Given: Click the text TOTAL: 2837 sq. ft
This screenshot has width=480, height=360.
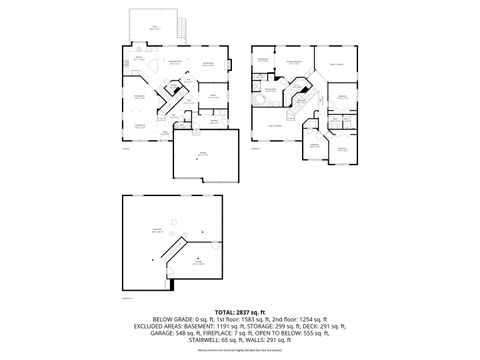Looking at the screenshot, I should (240, 310).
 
